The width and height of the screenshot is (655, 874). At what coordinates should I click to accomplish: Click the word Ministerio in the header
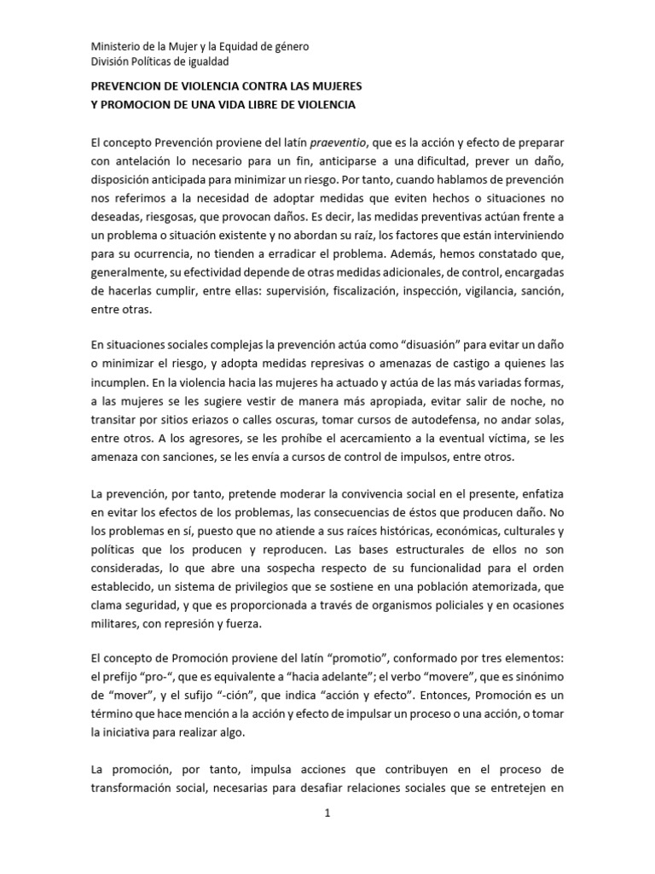pos(115,46)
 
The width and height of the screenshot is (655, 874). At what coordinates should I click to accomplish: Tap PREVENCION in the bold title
pos(129,88)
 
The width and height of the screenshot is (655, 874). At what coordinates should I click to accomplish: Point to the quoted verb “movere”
pos(446,680)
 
